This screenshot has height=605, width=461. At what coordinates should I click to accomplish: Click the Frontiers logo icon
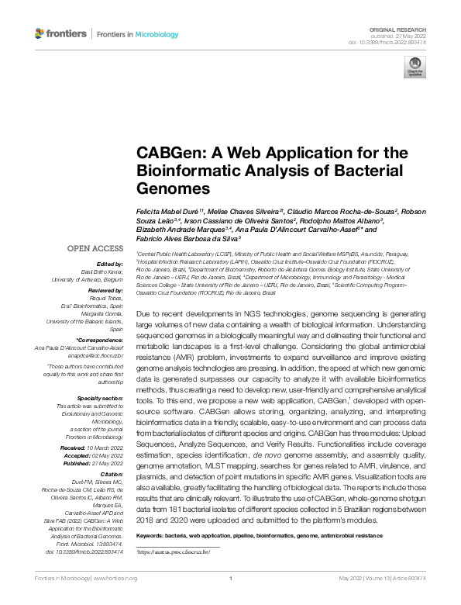pyautogui.click(x=40, y=33)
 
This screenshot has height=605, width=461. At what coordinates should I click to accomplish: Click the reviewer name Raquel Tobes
pyautogui.click(x=109, y=296)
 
